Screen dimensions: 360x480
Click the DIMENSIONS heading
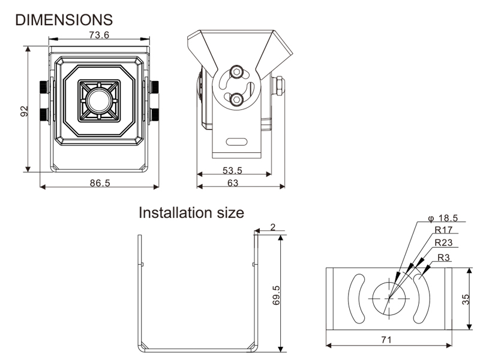click(x=63, y=19)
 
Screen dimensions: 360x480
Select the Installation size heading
click(x=191, y=212)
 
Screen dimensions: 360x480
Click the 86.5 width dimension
click(x=100, y=183)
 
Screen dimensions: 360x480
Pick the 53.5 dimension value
click(x=232, y=170)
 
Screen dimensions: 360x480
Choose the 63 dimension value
click(x=233, y=183)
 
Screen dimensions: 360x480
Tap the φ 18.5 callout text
click(x=442, y=218)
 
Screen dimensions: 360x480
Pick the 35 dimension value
click(x=466, y=299)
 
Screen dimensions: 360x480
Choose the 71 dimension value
click(x=386, y=340)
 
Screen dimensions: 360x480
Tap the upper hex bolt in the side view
click(x=238, y=72)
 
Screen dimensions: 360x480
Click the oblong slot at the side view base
click(x=238, y=143)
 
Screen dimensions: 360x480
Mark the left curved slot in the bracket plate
click(x=355, y=298)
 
